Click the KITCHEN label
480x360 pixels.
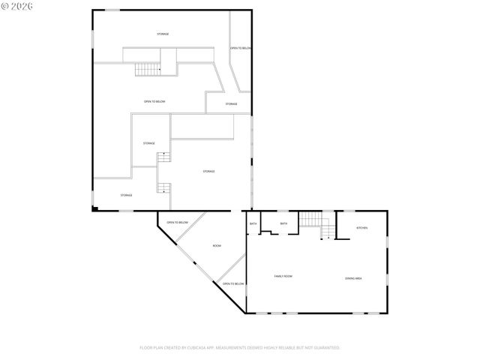(361, 228)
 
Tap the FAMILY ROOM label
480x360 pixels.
(283, 277)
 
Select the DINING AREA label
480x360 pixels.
(354, 278)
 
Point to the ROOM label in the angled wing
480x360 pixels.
(217, 246)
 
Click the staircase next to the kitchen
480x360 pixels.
(310, 220)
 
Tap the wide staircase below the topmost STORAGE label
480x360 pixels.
(148, 69)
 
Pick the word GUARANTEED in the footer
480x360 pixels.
(325, 348)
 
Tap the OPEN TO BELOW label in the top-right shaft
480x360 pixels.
(241, 48)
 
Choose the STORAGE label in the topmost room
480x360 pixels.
(163, 34)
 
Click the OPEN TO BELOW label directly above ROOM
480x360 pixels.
(177, 223)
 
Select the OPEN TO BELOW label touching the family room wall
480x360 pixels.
(234, 283)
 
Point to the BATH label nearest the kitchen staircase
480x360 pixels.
(283, 223)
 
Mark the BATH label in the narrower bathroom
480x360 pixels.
(253, 223)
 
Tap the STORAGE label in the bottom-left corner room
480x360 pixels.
(126, 195)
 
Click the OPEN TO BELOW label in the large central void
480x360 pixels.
(154, 101)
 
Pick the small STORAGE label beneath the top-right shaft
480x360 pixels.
(232, 103)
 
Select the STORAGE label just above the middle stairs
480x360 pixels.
(149, 143)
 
